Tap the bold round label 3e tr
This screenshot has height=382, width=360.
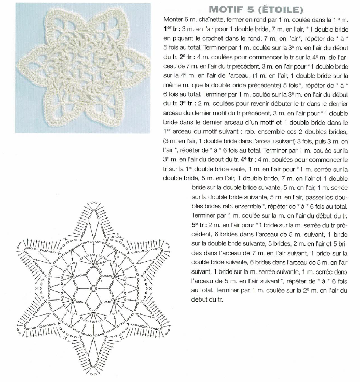(x=178, y=103)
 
